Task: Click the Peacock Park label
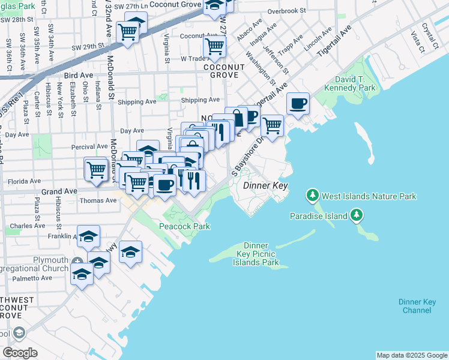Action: (184, 226)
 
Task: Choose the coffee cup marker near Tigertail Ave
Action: (298, 104)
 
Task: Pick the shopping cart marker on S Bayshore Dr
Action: (273, 125)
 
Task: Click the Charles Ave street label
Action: (24, 226)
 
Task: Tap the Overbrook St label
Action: (287, 11)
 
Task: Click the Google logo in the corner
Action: (20, 353)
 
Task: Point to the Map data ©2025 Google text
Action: (412, 355)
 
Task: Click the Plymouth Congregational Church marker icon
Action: (78, 263)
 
